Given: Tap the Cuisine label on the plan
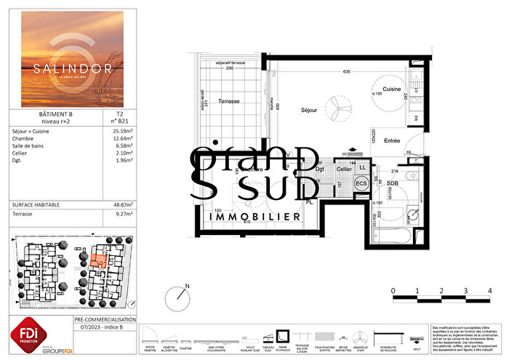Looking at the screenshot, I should pyautogui.click(x=393, y=89).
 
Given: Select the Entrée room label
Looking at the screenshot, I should pyautogui.click(x=393, y=141).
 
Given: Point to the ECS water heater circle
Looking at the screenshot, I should pyautogui.click(x=361, y=184).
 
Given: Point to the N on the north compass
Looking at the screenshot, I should pyautogui.click(x=188, y=287).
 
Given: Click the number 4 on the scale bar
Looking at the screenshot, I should pyautogui.click(x=489, y=291).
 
